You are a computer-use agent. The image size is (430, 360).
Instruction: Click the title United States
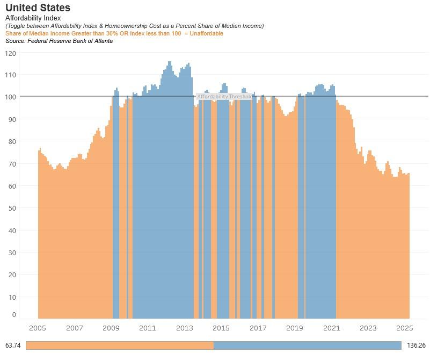click(x=38, y=8)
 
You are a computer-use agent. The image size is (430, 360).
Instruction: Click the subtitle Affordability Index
click(x=33, y=18)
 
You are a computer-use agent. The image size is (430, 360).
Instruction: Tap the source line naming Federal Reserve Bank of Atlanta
click(x=59, y=41)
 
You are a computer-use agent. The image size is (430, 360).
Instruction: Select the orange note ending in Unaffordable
click(x=114, y=33)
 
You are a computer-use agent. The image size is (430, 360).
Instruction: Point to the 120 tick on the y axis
click(x=11, y=53)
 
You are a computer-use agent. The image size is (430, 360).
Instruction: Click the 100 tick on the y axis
click(x=11, y=97)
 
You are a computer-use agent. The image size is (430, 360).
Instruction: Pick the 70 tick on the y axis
click(x=12, y=164)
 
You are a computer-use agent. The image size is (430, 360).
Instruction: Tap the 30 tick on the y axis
click(x=12, y=252)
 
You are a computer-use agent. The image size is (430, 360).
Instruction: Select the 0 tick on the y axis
click(x=14, y=315)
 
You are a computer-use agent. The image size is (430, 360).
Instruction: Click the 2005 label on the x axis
click(x=38, y=328)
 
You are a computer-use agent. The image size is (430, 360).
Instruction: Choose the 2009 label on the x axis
click(x=111, y=328)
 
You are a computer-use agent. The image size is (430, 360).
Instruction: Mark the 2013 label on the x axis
click(x=185, y=328)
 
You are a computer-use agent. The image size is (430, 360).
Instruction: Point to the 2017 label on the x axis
click(x=258, y=328)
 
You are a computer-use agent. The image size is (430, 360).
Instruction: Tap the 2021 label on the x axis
click(x=331, y=328)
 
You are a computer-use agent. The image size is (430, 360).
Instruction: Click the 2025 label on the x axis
click(x=404, y=328)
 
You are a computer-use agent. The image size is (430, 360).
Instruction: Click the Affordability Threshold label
click(x=224, y=97)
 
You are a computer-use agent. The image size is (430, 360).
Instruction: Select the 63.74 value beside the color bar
click(x=13, y=345)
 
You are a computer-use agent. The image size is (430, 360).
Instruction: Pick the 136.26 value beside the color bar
click(x=416, y=345)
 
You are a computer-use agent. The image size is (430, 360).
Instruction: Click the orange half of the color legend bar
click(x=120, y=345)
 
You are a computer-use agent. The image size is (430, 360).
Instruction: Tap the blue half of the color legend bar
click(x=307, y=345)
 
